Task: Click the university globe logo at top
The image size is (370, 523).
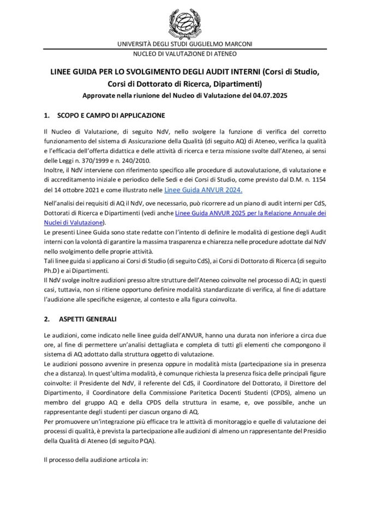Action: [x=184, y=23]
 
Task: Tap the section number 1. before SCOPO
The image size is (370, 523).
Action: [x=46, y=115]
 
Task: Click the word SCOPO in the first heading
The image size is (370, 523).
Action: [x=69, y=115]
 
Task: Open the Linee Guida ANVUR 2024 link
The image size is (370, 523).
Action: [x=207, y=190]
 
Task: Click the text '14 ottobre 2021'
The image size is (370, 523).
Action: [x=76, y=190]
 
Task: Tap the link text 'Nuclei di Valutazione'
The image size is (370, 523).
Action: [x=73, y=223]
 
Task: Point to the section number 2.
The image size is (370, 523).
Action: [x=46, y=318]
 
